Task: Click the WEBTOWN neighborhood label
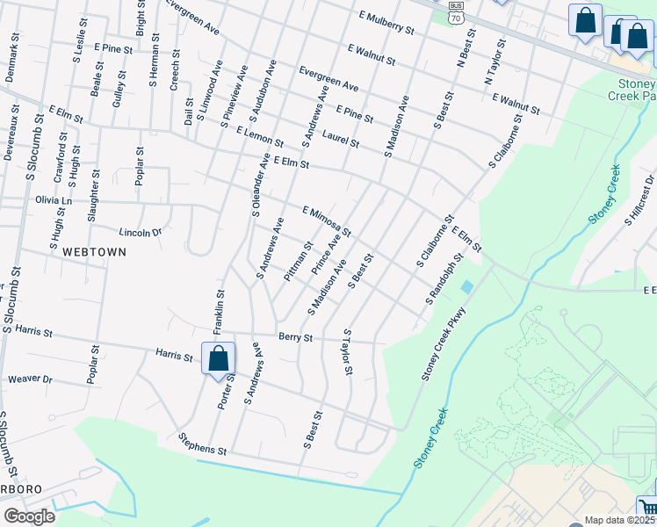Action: tap(94, 251)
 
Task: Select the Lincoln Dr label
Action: tap(141, 232)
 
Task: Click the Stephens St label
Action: tap(203, 444)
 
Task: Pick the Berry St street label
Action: tap(296, 336)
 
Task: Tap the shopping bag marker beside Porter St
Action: tap(218, 358)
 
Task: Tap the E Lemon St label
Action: tap(260, 136)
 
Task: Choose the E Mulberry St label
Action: tap(386, 22)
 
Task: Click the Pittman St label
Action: tap(299, 262)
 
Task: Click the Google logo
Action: tap(29, 516)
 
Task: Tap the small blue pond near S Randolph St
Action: tap(466, 287)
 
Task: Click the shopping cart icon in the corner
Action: tap(647, 508)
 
